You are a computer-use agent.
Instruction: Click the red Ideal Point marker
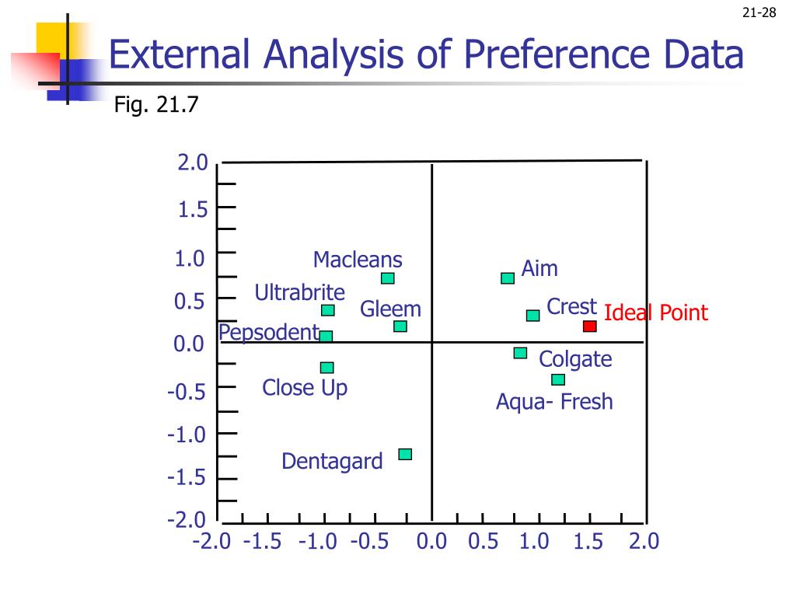pyautogui.click(x=590, y=326)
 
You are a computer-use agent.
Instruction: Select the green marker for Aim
pyautogui.click(x=508, y=278)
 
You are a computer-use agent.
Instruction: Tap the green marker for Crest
pyautogui.click(x=532, y=316)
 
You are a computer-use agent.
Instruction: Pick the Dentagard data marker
pyautogui.click(x=405, y=454)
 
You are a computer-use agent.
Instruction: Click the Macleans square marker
pyautogui.click(x=388, y=278)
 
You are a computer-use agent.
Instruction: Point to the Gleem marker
pyautogui.click(x=400, y=326)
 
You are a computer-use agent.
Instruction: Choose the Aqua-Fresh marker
pyautogui.click(x=558, y=379)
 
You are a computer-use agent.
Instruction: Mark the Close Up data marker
pyautogui.click(x=327, y=368)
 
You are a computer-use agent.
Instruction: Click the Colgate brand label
pyautogui.click(x=575, y=359)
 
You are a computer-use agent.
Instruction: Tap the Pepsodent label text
pyautogui.click(x=269, y=333)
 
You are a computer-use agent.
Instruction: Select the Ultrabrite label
pyautogui.click(x=300, y=293)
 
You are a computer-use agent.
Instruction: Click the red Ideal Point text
pyautogui.click(x=656, y=313)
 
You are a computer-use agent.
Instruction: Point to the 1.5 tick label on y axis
pyautogui.click(x=191, y=210)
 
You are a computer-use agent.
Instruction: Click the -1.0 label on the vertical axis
pyautogui.click(x=186, y=434)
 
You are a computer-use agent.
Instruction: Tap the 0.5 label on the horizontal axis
pyautogui.click(x=483, y=541)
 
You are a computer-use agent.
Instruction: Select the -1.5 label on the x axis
pyautogui.click(x=262, y=541)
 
